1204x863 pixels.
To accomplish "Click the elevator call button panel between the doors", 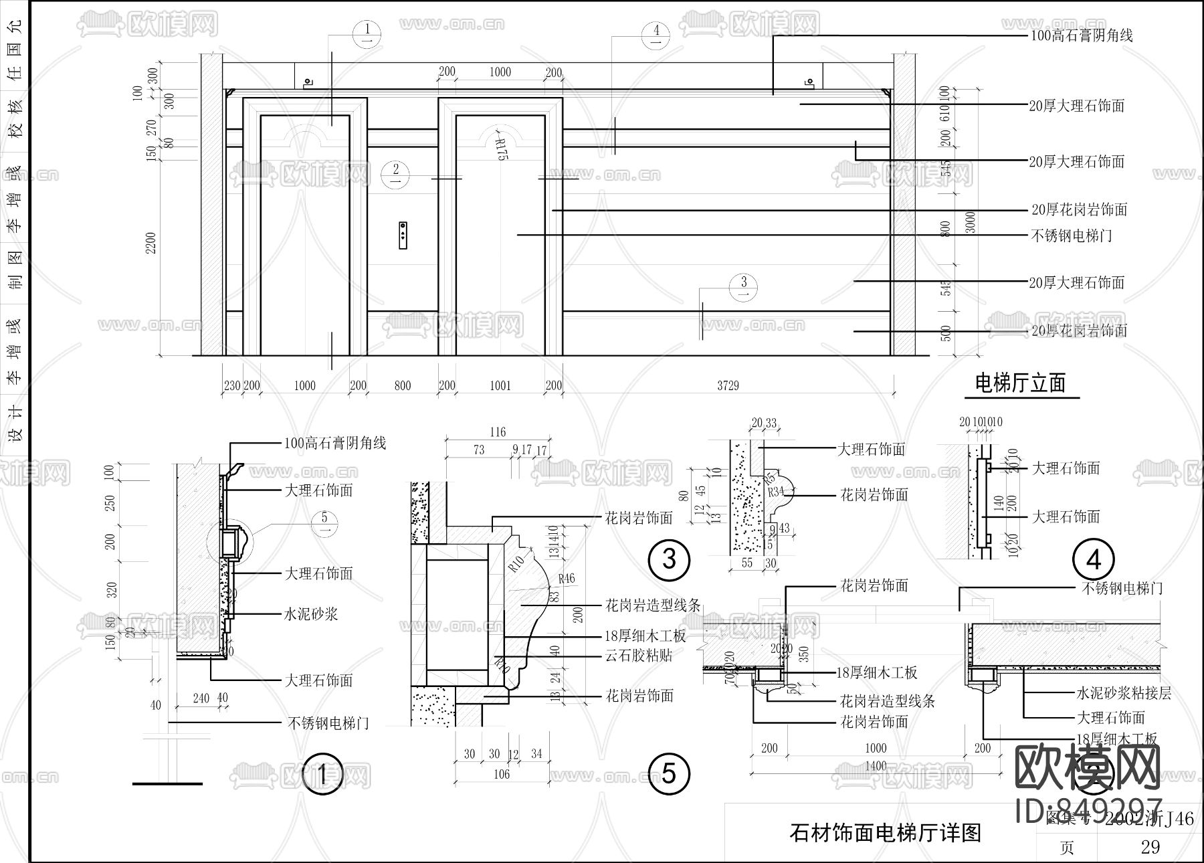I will tap(403, 235).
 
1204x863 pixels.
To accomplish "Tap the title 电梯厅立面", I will tap(1020, 383).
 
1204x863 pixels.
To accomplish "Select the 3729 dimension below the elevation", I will tap(728, 385).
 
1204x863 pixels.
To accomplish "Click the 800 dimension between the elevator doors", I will tap(402, 385).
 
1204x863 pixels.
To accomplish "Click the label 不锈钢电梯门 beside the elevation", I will tap(1072, 235).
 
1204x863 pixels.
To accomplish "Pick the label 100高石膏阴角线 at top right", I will tap(1081, 35).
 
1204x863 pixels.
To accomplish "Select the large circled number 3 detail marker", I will tap(669, 559).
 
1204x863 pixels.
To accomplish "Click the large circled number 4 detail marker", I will tap(1094, 559).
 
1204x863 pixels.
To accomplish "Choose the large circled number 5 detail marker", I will tap(668, 774).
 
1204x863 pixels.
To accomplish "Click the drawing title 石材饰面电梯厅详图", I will tap(885, 833).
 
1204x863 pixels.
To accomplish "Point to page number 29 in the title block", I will tap(1150, 847).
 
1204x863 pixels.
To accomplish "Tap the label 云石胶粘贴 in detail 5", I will tap(639, 655).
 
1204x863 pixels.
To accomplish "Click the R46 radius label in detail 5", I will tap(566, 579).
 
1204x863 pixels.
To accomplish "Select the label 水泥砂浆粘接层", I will tap(1124, 693).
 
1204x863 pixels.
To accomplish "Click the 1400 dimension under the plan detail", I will tap(875, 766).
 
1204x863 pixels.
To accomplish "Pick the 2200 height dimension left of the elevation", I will tap(151, 242).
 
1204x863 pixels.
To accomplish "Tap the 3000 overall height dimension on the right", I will tap(971, 222).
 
